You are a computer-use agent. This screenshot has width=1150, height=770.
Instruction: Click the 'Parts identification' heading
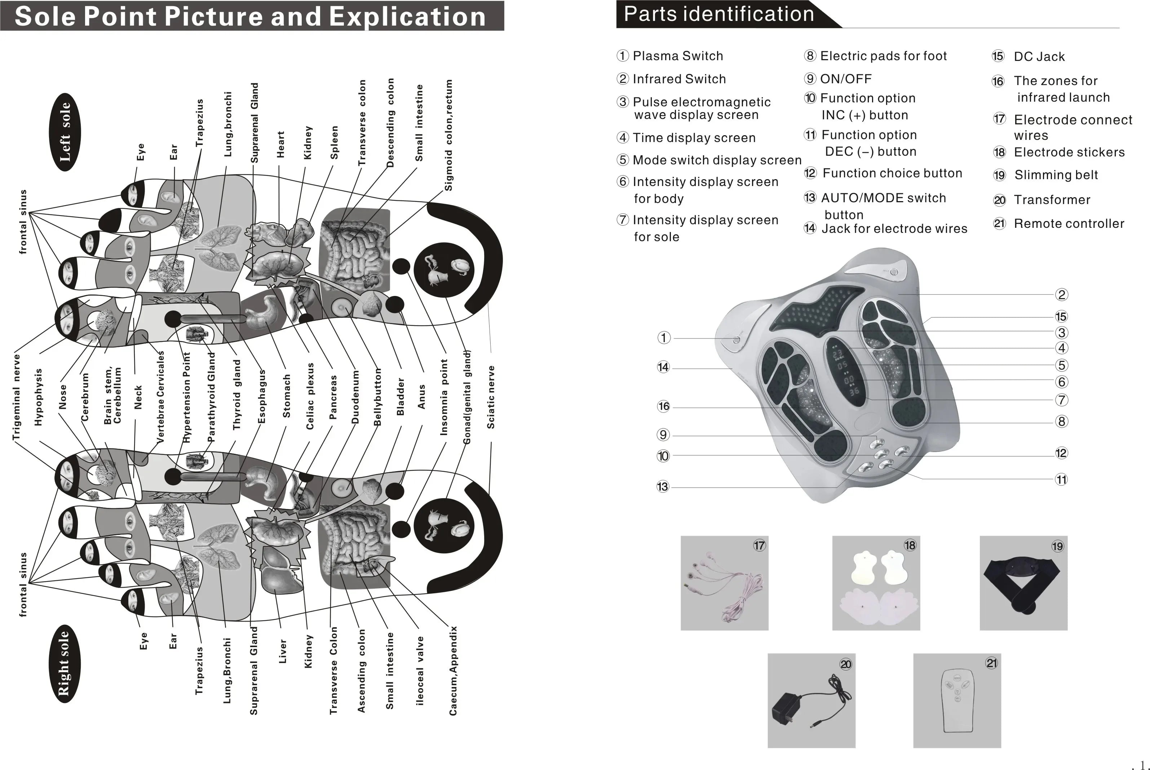click(719, 14)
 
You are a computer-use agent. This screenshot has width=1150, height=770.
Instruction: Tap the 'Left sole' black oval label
click(65, 132)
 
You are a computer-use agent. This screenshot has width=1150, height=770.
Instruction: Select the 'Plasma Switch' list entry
click(678, 56)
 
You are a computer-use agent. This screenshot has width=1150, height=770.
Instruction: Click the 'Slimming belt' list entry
click(1056, 175)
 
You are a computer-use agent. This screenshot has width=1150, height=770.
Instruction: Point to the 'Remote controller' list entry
click(1069, 224)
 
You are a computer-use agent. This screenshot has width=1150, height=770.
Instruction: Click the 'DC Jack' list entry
click(1039, 57)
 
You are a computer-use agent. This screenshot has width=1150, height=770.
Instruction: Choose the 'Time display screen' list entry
click(694, 137)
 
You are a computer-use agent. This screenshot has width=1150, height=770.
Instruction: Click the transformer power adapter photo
click(811, 700)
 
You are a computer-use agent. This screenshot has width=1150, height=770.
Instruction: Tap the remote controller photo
click(956, 700)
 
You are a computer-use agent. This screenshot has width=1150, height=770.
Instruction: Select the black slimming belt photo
click(1023, 583)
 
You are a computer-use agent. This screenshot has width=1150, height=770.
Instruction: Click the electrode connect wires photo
click(724, 583)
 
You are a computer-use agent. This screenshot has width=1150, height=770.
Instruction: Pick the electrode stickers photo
click(876, 583)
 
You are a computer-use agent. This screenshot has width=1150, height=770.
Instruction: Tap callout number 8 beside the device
click(1061, 421)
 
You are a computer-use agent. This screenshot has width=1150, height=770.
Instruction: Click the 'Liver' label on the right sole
click(282, 651)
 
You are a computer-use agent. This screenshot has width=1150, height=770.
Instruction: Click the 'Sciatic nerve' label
click(491, 397)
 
